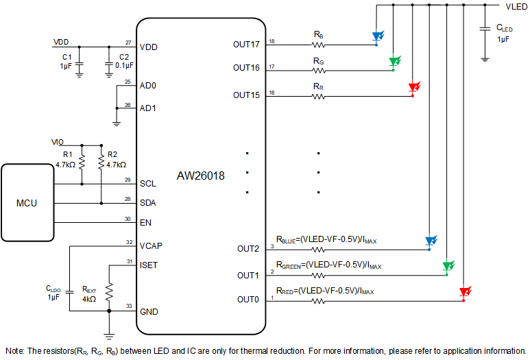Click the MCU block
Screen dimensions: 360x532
(27, 203)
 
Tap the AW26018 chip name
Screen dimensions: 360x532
(201, 176)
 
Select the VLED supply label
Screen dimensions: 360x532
(516, 6)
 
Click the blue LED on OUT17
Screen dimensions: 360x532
(376, 36)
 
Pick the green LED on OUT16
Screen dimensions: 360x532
(394, 62)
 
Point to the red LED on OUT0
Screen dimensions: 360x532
(464, 292)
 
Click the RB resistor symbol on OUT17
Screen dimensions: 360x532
(319, 45)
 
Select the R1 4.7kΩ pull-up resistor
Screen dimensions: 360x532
(82, 163)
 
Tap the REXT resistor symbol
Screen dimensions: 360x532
(108, 288)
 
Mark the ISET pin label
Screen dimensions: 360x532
(149, 265)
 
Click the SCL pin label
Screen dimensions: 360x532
(147, 184)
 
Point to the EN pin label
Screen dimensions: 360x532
(145, 223)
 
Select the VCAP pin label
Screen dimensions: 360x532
(150, 245)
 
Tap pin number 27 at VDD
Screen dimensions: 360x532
(128, 43)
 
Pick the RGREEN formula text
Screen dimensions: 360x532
(328, 265)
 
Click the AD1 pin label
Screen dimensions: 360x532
(147, 108)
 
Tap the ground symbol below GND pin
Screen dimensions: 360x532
(108, 335)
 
